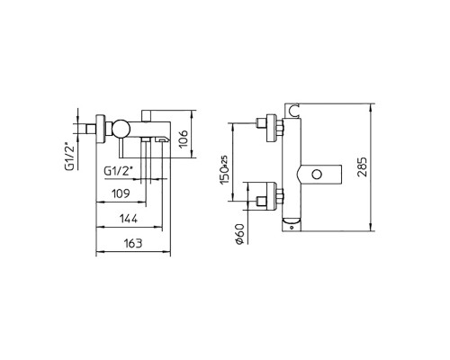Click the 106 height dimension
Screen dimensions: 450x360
184,139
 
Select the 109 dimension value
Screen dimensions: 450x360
121,193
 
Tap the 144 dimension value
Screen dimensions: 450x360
129,219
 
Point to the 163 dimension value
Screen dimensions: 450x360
133,243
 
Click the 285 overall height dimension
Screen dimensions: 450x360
363,167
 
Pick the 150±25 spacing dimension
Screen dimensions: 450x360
225,170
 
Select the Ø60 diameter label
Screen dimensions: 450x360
240,234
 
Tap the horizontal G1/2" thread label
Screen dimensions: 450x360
118,171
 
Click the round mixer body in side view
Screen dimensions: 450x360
121,129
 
